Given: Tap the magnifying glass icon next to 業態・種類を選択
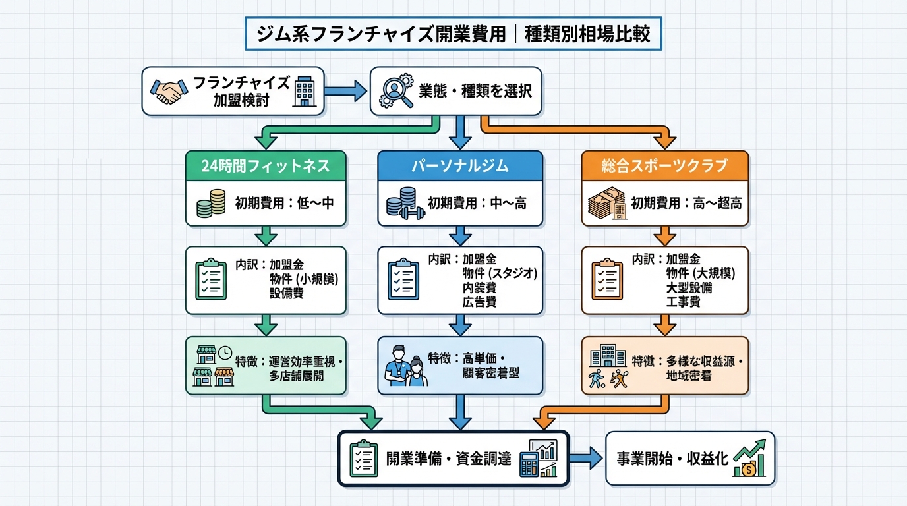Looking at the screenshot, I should click(395, 91).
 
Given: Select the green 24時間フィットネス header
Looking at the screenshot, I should click(265, 166).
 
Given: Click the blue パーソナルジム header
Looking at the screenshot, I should click(459, 166).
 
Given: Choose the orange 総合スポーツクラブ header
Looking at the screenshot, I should click(664, 166).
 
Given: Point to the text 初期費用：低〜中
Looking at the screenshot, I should click(284, 203).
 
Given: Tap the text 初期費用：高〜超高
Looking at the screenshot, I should click(686, 203).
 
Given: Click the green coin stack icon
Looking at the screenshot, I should click(211, 204).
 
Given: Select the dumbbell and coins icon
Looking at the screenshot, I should click(401, 204).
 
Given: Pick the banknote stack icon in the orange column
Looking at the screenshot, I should click(606, 204).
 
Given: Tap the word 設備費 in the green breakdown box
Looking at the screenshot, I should click(287, 294).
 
